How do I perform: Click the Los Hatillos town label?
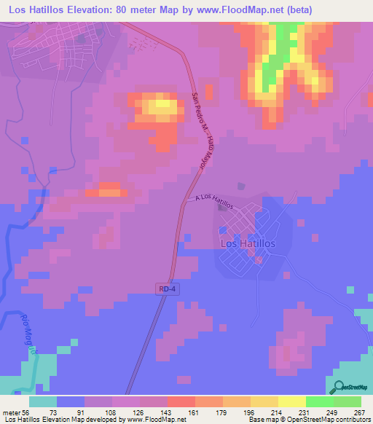[x=248, y=244]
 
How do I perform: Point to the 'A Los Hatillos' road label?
[x=214, y=202]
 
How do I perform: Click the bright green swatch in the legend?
[x=321, y=401]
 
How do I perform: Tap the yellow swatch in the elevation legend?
[x=291, y=401]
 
